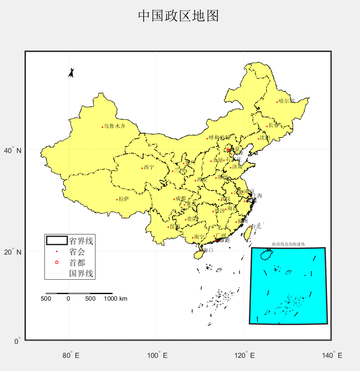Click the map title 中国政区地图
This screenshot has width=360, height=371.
[178, 16]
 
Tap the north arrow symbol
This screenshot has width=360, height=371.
[71, 73]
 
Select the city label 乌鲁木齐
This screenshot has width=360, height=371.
[114, 126]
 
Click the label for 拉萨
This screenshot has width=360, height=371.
[124, 199]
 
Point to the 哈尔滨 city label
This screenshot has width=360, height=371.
[287, 101]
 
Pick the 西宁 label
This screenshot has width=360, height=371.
[149, 167]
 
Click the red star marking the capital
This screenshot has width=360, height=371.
[228, 150]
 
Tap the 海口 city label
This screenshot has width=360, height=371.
[208, 250]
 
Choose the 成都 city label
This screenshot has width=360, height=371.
[181, 199]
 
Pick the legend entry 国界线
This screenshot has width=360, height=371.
[81, 274]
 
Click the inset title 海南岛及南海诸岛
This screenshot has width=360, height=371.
[288, 244]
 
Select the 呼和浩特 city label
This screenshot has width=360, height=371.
[219, 137]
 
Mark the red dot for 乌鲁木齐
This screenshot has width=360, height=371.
[102, 127]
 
